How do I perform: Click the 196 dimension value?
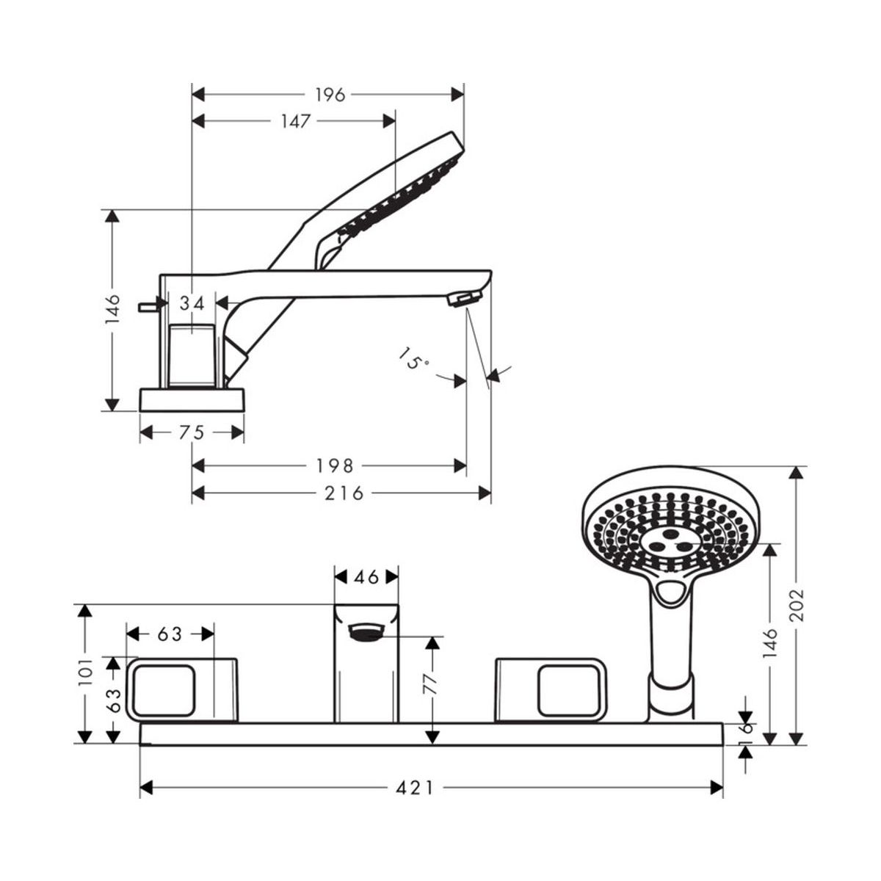(x=330, y=95)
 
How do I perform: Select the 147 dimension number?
(x=295, y=121)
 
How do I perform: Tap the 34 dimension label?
(x=192, y=303)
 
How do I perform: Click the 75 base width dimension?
(x=192, y=432)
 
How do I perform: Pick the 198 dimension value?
(x=335, y=466)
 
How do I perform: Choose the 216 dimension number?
(x=344, y=493)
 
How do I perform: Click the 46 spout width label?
(x=366, y=577)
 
